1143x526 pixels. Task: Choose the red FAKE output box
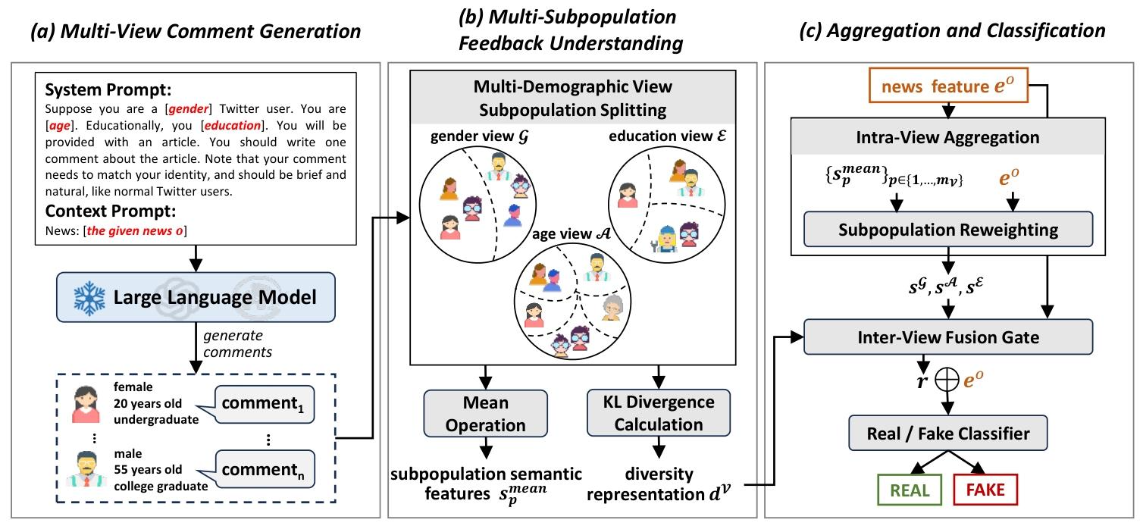pos(985,489)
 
